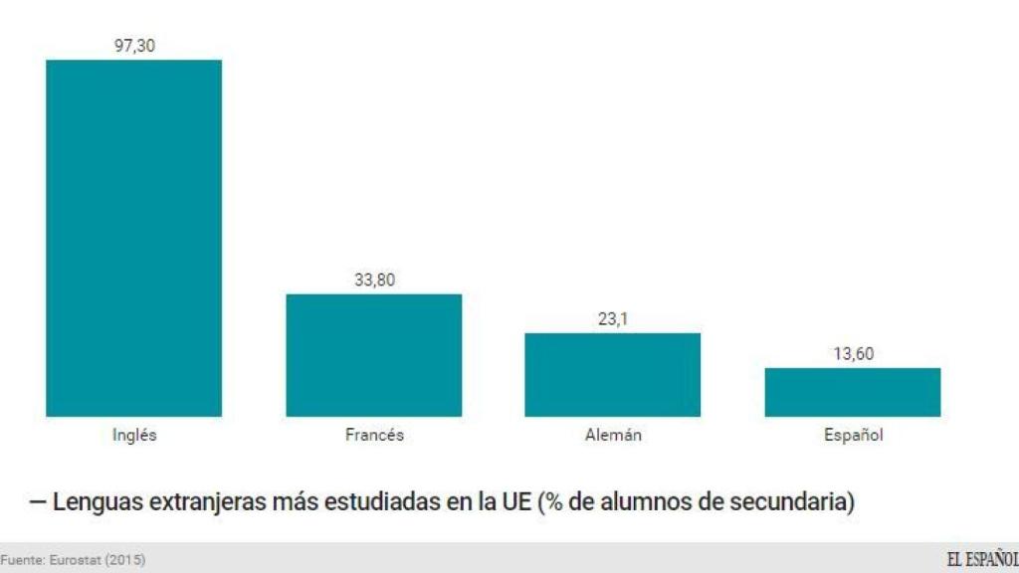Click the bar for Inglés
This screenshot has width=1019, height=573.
click(133, 238)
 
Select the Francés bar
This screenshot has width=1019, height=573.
click(374, 355)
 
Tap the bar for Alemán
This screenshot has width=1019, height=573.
click(613, 374)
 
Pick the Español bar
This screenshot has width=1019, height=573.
click(853, 392)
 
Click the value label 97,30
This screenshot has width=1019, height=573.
click(134, 45)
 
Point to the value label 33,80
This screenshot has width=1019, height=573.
click(374, 280)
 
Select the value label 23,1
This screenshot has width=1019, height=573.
click(613, 318)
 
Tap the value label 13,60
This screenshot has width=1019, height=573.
click(853, 354)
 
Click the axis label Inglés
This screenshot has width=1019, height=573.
click(134, 435)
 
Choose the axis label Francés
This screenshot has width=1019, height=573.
click(374, 435)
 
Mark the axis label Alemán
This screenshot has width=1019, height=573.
click(613, 435)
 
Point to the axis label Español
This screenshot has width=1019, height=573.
click(853, 435)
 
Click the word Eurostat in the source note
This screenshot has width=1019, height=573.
click(76, 561)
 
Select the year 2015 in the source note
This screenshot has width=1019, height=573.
click(125, 561)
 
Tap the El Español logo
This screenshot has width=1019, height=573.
click(981, 560)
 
